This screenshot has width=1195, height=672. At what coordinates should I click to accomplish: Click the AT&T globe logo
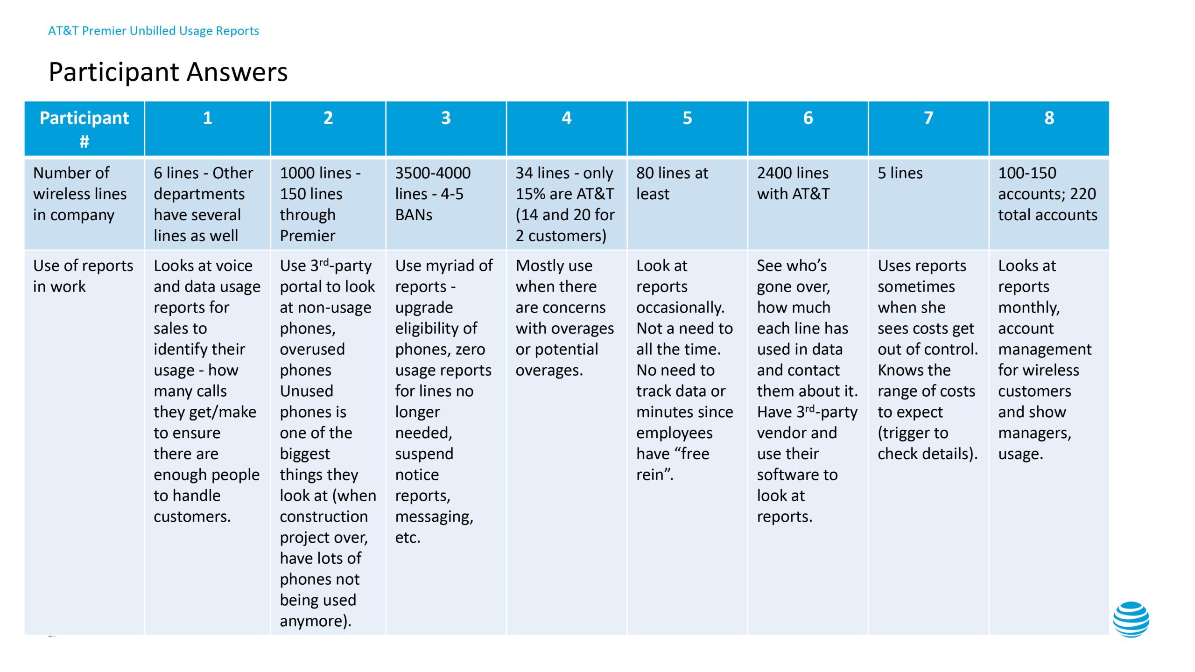pyautogui.click(x=1131, y=619)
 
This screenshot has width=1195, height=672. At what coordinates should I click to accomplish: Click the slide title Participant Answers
pyautogui.click(x=168, y=72)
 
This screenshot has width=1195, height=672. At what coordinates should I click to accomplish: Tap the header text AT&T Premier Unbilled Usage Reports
pyautogui.click(x=153, y=31)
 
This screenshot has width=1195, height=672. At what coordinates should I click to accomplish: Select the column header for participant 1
pyautogui.click(x=207, y=118)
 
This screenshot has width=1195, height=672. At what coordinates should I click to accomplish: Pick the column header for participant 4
pyautogui.click(x=566, y=118)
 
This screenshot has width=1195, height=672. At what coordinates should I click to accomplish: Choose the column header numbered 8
pyautogui.click(x=1049, y=118)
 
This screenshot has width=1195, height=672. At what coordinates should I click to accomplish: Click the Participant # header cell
pyautogui.click(x=84, y=129)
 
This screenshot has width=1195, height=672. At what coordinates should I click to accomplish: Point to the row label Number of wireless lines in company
pyautogui.click(x=79, y=194)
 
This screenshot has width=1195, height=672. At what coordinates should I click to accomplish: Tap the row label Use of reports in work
pyautogui.click(x=83, y=276)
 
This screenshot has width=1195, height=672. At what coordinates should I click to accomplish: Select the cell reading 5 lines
pyautogui.click(x=900, y=173)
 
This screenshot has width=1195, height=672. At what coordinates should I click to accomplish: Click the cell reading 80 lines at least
pyautogui.click(x=672, y=183)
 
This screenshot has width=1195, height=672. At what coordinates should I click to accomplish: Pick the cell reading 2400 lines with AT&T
pyautogui.click(x=793, y=183)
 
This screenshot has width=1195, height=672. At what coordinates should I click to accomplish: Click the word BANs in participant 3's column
pyautogui.click(x=414, y=215)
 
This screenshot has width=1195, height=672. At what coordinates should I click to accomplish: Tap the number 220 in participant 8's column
pyautogui.click(x=1083, y=194)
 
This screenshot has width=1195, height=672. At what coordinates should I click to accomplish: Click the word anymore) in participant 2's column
pyautogui.click(x=315, y=621)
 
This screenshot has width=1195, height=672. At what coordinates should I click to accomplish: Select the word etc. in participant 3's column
pyautogui.click(x=408, y=538)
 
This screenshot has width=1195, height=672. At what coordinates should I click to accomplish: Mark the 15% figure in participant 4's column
pyautogui.click(x=531, y=194)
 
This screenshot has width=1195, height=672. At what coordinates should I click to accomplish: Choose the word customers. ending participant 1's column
pyautogui.click(x=192, y=517)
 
